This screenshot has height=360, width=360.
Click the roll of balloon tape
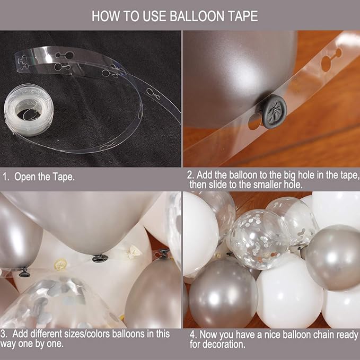coord(29,110)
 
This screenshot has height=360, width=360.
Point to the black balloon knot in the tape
coord(274,111)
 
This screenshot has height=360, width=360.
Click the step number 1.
coord(5,177)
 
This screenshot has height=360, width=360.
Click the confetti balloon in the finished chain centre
coord(259,239)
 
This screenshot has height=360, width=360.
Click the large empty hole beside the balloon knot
coord(255,121)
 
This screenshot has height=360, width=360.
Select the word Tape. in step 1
coord(64,177)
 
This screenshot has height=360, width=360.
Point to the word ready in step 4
coord(347,335)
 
